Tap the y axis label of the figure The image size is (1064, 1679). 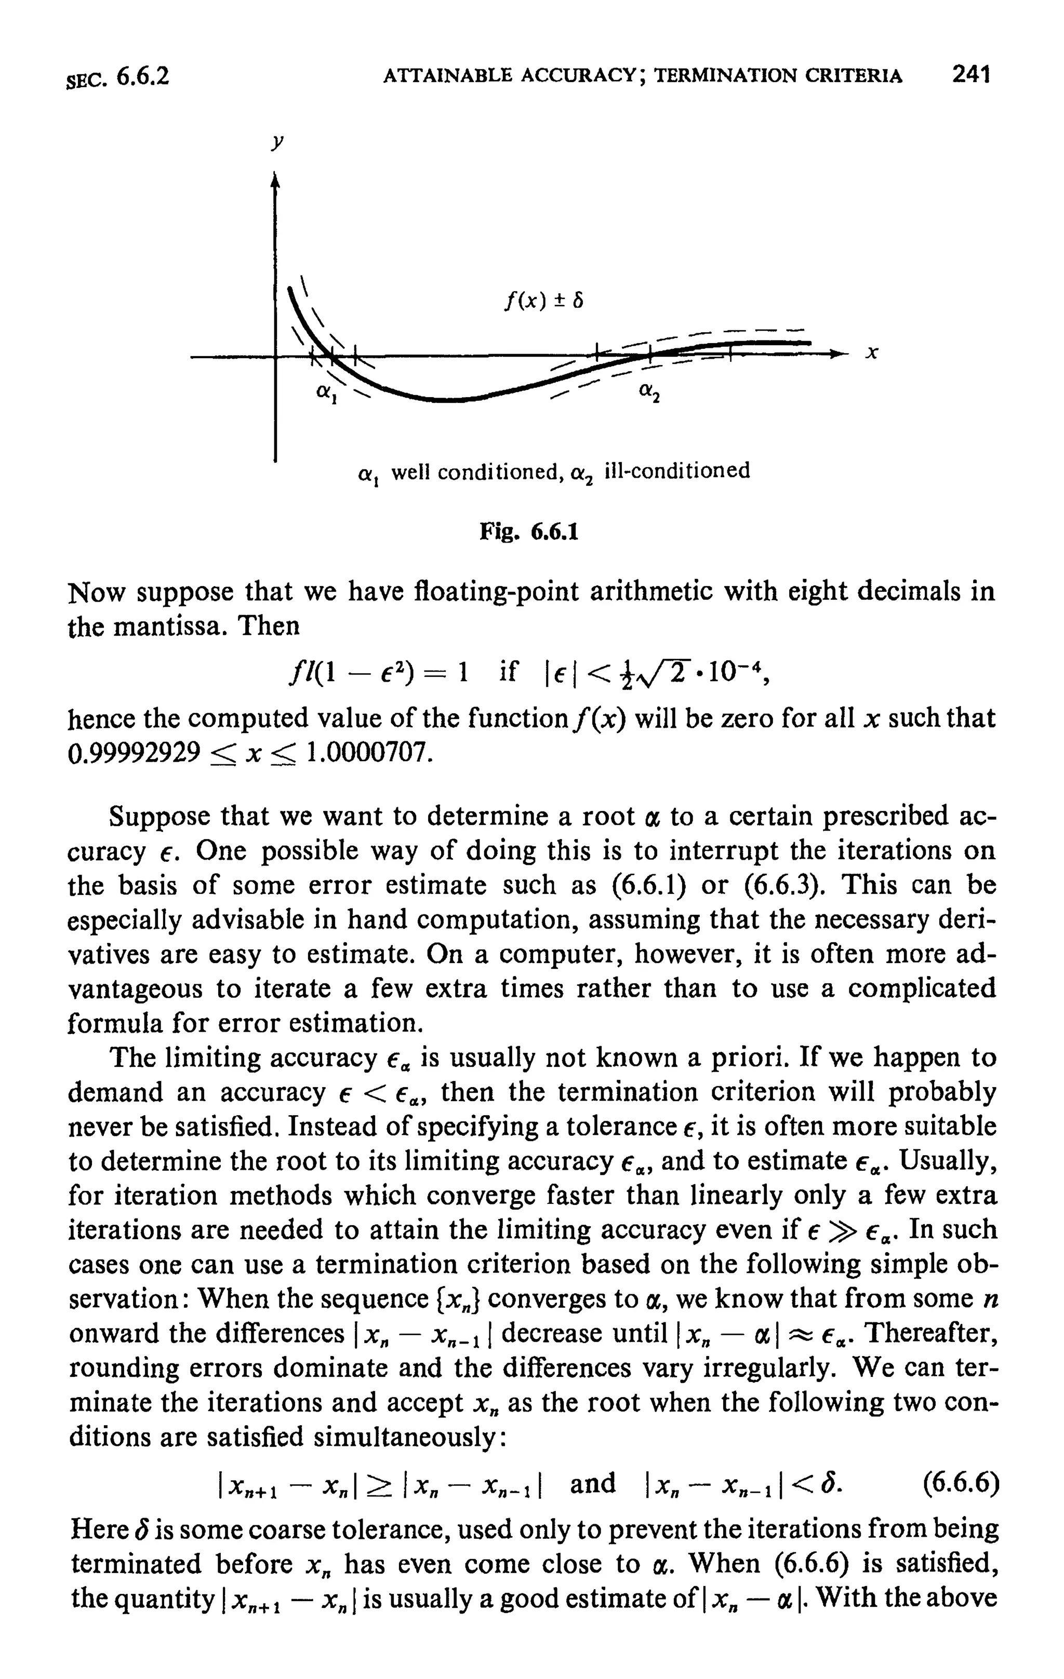coord(277,142)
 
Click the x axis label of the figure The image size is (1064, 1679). coord(871,354)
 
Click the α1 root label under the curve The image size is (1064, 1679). coord(324,393)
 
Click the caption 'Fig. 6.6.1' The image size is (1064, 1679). coord(529,533)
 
